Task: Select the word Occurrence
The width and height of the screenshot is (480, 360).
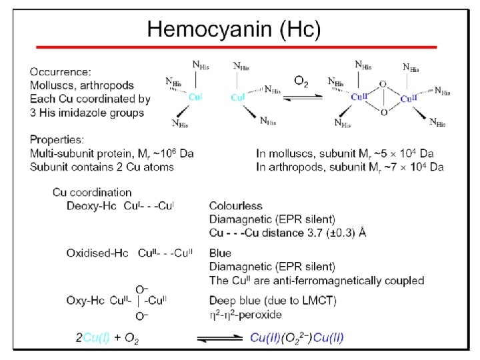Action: (58, 71)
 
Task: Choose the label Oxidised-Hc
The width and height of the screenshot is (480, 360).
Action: (97, 253)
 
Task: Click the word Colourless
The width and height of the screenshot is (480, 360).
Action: (236, 206)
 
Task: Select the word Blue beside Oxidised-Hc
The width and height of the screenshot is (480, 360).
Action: (220, 253)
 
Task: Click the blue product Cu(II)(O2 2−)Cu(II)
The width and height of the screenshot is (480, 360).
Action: (297, 338)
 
